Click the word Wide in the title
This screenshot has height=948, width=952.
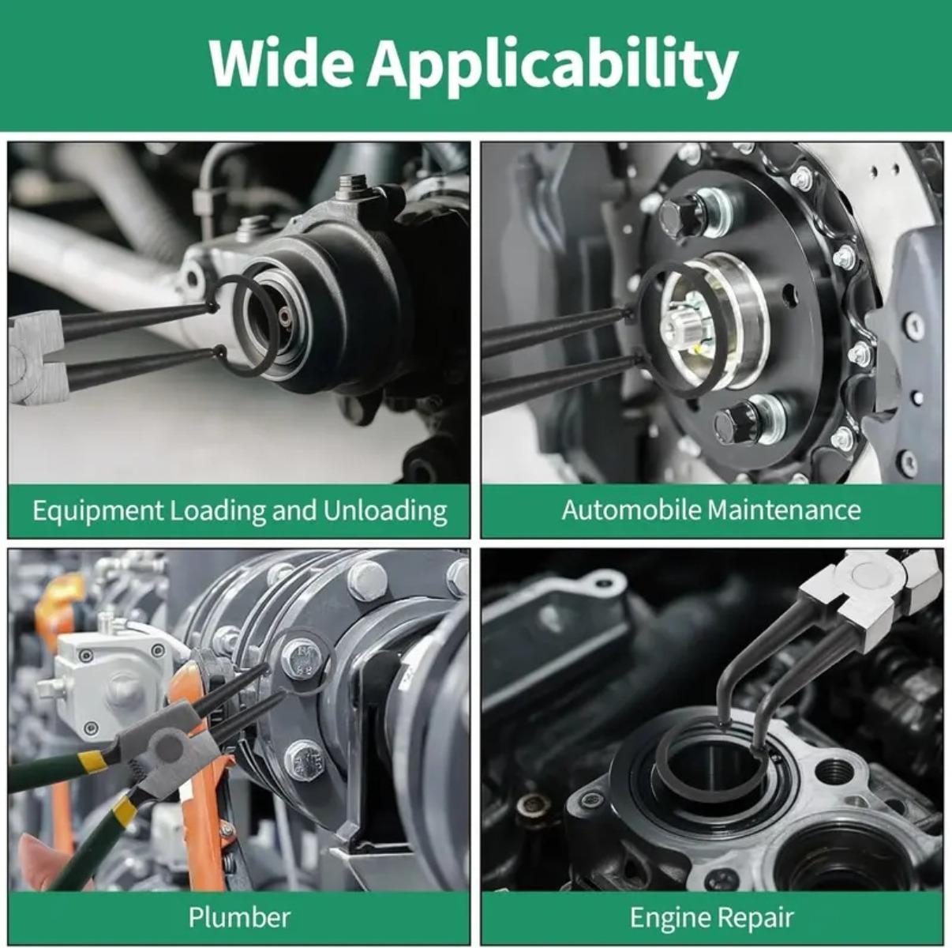(x=281, y=64)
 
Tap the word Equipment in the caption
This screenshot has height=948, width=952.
(x=97, y=511)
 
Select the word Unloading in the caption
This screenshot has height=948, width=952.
(x=385, y=511)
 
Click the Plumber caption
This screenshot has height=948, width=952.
(x=239, y=904)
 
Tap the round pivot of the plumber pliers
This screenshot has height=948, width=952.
(x=168, y=745)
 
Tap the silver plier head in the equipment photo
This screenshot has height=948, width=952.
(x=35, y=360)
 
